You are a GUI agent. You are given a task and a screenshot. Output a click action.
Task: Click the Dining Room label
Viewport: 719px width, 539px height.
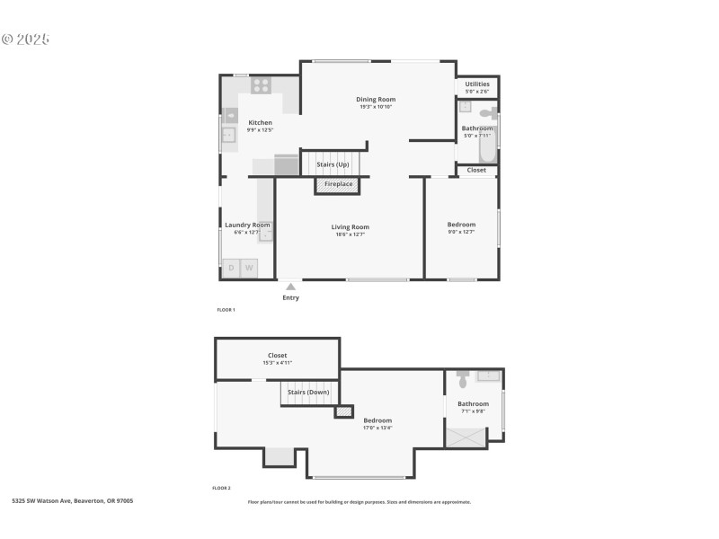pyautogui.click(x=376, y=100)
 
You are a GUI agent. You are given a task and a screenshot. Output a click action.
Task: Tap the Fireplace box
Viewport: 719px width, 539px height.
pyautogui.click(x=338, y=184)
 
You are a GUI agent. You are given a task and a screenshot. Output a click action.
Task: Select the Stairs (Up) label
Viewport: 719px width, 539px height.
pyautogui.click(x=333, y=164)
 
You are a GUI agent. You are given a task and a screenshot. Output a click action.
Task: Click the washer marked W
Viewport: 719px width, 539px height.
pyautogui.click(x=249, y=268)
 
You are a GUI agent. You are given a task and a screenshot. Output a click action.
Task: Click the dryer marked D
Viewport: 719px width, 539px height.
pyautogui.click(x=231, y=268)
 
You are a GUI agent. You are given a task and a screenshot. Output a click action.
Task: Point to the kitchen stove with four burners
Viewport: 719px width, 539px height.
pyautogui.click(x=262, y=85)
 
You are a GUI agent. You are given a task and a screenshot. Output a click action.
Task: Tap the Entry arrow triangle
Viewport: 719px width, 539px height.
pyautogui.click(x=290, y=287)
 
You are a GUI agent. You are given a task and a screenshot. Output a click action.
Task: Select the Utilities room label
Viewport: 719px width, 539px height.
pyautogui.click(x=477, y=84)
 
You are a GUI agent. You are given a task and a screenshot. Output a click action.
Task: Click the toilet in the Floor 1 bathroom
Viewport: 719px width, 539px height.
pyautogui.click(x=487, y=114)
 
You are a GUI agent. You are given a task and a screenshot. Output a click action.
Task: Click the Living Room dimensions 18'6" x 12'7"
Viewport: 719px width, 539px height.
pyautogui.click(x=350, y=235)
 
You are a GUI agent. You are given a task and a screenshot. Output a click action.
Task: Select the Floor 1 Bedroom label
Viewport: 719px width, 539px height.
pyautogui.click(x=461, y=225)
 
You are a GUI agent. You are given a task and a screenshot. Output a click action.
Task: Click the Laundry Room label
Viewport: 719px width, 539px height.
pyautogui.click(x=246, y=225)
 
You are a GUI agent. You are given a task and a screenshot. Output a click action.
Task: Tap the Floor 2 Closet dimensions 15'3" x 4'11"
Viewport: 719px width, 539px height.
pyautogui.click(x=277, y=363)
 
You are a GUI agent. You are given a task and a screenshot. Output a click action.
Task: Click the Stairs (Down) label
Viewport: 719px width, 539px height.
pyautogui.click(x=308, y=392)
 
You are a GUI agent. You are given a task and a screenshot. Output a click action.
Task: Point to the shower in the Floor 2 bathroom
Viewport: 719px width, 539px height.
pyautogui.click(x=466, y=437)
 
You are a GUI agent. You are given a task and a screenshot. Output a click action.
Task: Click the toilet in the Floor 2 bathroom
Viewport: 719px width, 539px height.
pyautogui.click(x=463, y=377)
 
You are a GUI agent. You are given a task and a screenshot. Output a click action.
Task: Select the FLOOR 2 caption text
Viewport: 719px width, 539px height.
pyautogui.click(x=221, y=488)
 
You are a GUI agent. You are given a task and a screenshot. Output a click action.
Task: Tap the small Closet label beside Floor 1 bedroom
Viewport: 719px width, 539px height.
pyautogui.click(x=476, y=170)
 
